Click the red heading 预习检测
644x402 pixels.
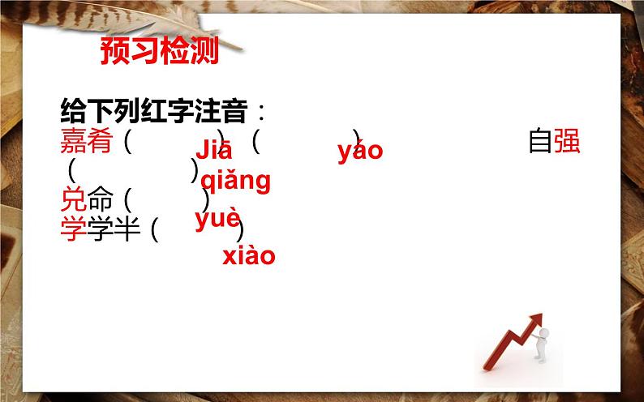pos(160,51)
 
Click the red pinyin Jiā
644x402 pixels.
pos(214,151)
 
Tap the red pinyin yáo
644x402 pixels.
pos(360,151)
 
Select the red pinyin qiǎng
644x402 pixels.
pos(235,180)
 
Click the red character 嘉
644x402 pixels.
pos(73,143)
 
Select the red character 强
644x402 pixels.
pos(568,143)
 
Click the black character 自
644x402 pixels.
pos(540,143)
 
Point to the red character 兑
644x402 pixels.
pos(73,199)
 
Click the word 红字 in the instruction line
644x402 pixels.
pos(170,109)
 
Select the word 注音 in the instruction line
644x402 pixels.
pos(225,109)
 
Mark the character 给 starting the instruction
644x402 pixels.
pos(74,109)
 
